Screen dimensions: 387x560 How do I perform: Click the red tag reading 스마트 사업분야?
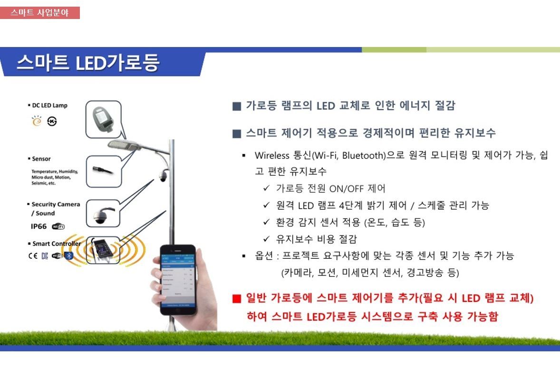click(40, 13)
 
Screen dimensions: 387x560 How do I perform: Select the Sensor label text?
click(41, 159)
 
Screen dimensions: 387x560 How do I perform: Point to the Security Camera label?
click(56, 204)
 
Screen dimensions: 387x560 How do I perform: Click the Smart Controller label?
click(56, 244)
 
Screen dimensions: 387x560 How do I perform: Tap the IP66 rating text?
click(39, 226)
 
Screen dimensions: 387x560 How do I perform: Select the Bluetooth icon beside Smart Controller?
click(69, 256)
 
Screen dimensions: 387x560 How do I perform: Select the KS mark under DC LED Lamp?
click(52, 122)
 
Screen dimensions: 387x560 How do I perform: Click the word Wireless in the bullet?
click(271, 156)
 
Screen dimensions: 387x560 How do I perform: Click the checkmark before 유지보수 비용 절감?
click(267, 239)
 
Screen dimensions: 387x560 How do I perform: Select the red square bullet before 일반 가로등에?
click(237, 299)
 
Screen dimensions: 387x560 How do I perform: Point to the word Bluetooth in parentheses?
click(362, 156)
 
